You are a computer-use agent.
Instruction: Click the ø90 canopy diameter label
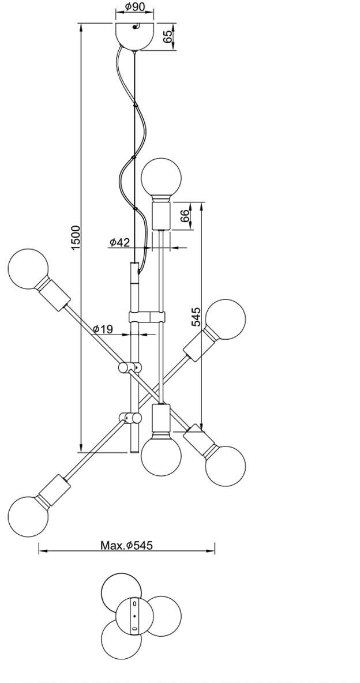[134, 7]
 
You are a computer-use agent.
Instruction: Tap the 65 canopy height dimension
[167, 37]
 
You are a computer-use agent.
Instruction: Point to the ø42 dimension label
[119, 242]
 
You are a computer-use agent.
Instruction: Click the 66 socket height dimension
[185, 216]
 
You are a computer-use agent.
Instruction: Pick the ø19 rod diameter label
[103, 329]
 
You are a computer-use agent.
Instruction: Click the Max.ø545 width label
[126, 545]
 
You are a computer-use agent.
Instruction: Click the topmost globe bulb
[162, 178]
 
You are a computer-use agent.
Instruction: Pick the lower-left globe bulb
[28, 515]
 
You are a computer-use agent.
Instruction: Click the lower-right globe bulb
[225, 466]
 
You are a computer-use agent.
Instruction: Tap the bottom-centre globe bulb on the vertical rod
[162, 456]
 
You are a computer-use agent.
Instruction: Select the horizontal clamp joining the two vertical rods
[147, 316]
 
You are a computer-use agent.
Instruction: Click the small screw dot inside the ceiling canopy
[136, 27]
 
